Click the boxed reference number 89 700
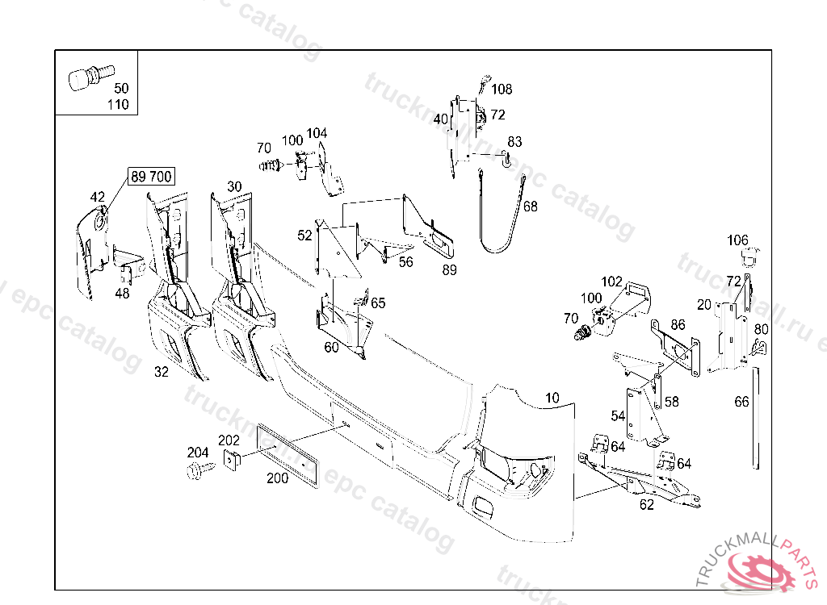[x=151, y=177]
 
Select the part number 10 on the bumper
[x=552, y=398]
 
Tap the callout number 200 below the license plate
[x=277, y=478]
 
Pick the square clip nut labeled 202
[x=230, y=460]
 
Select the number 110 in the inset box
[x=117, y=105]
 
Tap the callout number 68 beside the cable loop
[x=530, y=207]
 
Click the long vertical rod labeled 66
[x=757, y=419]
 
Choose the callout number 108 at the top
[x=502, y=90]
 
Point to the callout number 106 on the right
[x=737, y=240]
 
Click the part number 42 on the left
[x=97, y=197]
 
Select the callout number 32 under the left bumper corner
[x=162, y=373]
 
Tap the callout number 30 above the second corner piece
[x=234, y=186]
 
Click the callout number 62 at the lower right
[x=646, y=506]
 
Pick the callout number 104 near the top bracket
[x=317, y=133]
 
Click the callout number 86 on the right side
[x=677, y=325]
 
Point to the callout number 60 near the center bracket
[x=331, y=348]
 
